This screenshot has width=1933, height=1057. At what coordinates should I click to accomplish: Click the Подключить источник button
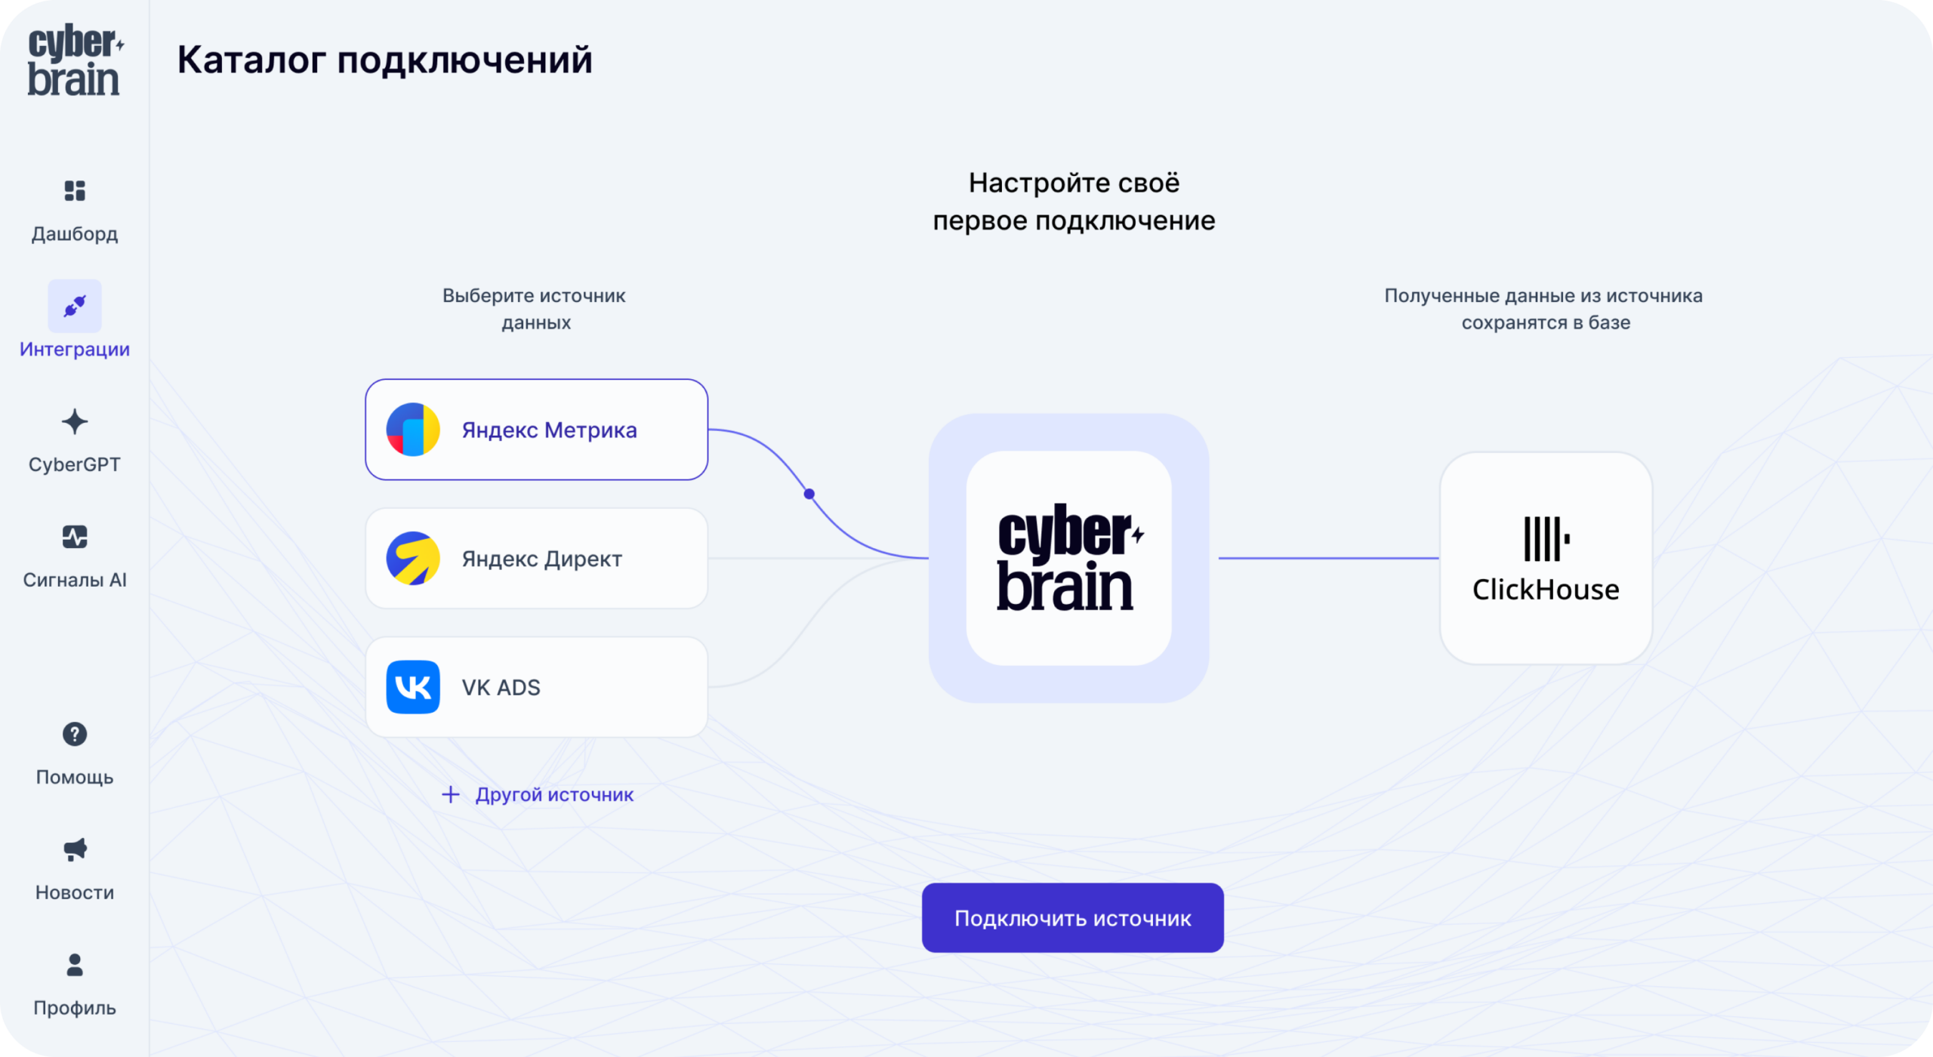pos(1072,917)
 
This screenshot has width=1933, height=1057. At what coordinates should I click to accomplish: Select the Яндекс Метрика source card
pos(536,430)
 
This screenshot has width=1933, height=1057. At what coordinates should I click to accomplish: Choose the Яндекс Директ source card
pos(536,559)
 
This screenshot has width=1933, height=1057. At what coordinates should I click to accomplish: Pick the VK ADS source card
pos(536,687)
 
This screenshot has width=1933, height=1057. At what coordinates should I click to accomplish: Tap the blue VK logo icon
pos(413,687)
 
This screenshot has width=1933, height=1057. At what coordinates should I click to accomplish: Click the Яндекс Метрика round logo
pos(413,430)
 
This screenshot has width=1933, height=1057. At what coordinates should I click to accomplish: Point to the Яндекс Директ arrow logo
pos(413,559)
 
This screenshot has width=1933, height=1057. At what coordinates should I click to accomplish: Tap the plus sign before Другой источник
pos(451,794)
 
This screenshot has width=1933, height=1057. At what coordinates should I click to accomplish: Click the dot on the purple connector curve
pos(809,494)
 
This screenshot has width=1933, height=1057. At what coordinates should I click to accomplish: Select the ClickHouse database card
pos(1546,559)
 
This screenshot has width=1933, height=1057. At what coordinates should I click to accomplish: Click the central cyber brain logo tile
pos(1069,559)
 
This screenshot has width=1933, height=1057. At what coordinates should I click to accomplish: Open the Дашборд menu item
pos(75,211)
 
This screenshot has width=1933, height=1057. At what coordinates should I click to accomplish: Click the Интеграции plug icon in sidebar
pos(75,306)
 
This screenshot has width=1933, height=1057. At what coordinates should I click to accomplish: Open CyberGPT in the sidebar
pos(75,442)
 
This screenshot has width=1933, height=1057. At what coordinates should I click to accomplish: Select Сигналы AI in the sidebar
pos(75,557)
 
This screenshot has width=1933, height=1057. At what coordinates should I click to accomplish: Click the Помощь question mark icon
pos(75,734)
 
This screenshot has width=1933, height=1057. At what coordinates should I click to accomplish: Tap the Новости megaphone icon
pos(75,849)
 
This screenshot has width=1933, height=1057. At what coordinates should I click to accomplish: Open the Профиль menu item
pos(75,985)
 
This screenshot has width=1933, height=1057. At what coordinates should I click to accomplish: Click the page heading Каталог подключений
pos(385,60)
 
